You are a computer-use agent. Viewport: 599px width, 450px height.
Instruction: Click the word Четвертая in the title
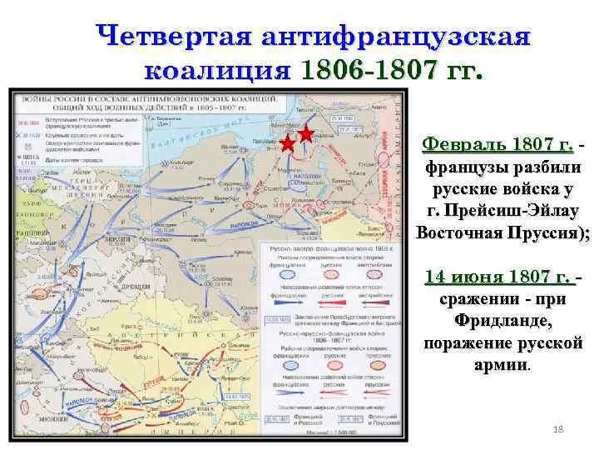(x=173, y=36)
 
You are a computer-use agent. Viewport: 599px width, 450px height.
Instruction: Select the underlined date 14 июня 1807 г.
(x=498, y=277)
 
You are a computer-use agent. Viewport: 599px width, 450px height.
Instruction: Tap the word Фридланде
(x=502, y=321)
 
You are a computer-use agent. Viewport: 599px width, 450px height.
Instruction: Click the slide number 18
(x=558, y=428)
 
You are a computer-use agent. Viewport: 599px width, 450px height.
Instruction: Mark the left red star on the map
(x=288, y=143)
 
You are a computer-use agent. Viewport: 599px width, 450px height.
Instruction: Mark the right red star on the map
(x=306, y=133)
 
